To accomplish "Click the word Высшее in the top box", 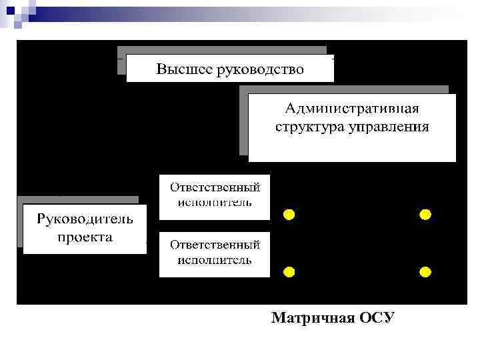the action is [183, 69].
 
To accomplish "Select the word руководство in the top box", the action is [259, 69].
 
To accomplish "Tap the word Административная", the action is [352, 109].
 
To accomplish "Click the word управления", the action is [388, 126].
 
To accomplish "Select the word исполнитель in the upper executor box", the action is [215, 201].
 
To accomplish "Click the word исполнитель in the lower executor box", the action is [215, 259].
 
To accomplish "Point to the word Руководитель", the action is [85, 219].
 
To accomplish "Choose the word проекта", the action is [85, 237].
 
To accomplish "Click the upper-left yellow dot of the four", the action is [289, 215].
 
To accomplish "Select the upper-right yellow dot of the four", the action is [425, 215].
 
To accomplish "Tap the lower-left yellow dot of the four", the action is [289, 272].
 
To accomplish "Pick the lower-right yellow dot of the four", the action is [425, 272].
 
